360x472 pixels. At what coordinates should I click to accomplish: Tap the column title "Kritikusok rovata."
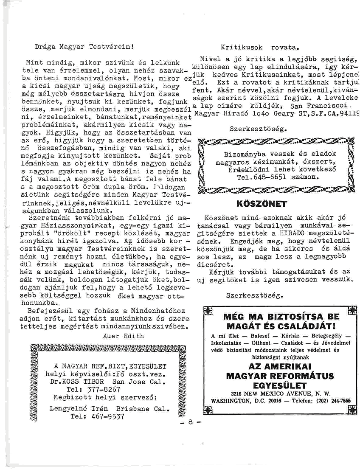[x=261, y=48]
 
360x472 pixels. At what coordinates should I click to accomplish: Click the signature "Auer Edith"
[x=123, y=336]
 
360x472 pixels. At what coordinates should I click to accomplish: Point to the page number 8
[x=191, y=422]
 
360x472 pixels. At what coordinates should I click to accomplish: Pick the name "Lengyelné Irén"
[x=79, y=409]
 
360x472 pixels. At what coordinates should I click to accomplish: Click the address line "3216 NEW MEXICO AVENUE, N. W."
[x=279, y=393]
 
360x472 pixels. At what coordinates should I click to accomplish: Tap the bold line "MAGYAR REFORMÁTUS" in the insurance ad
[x=279, y=376]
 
